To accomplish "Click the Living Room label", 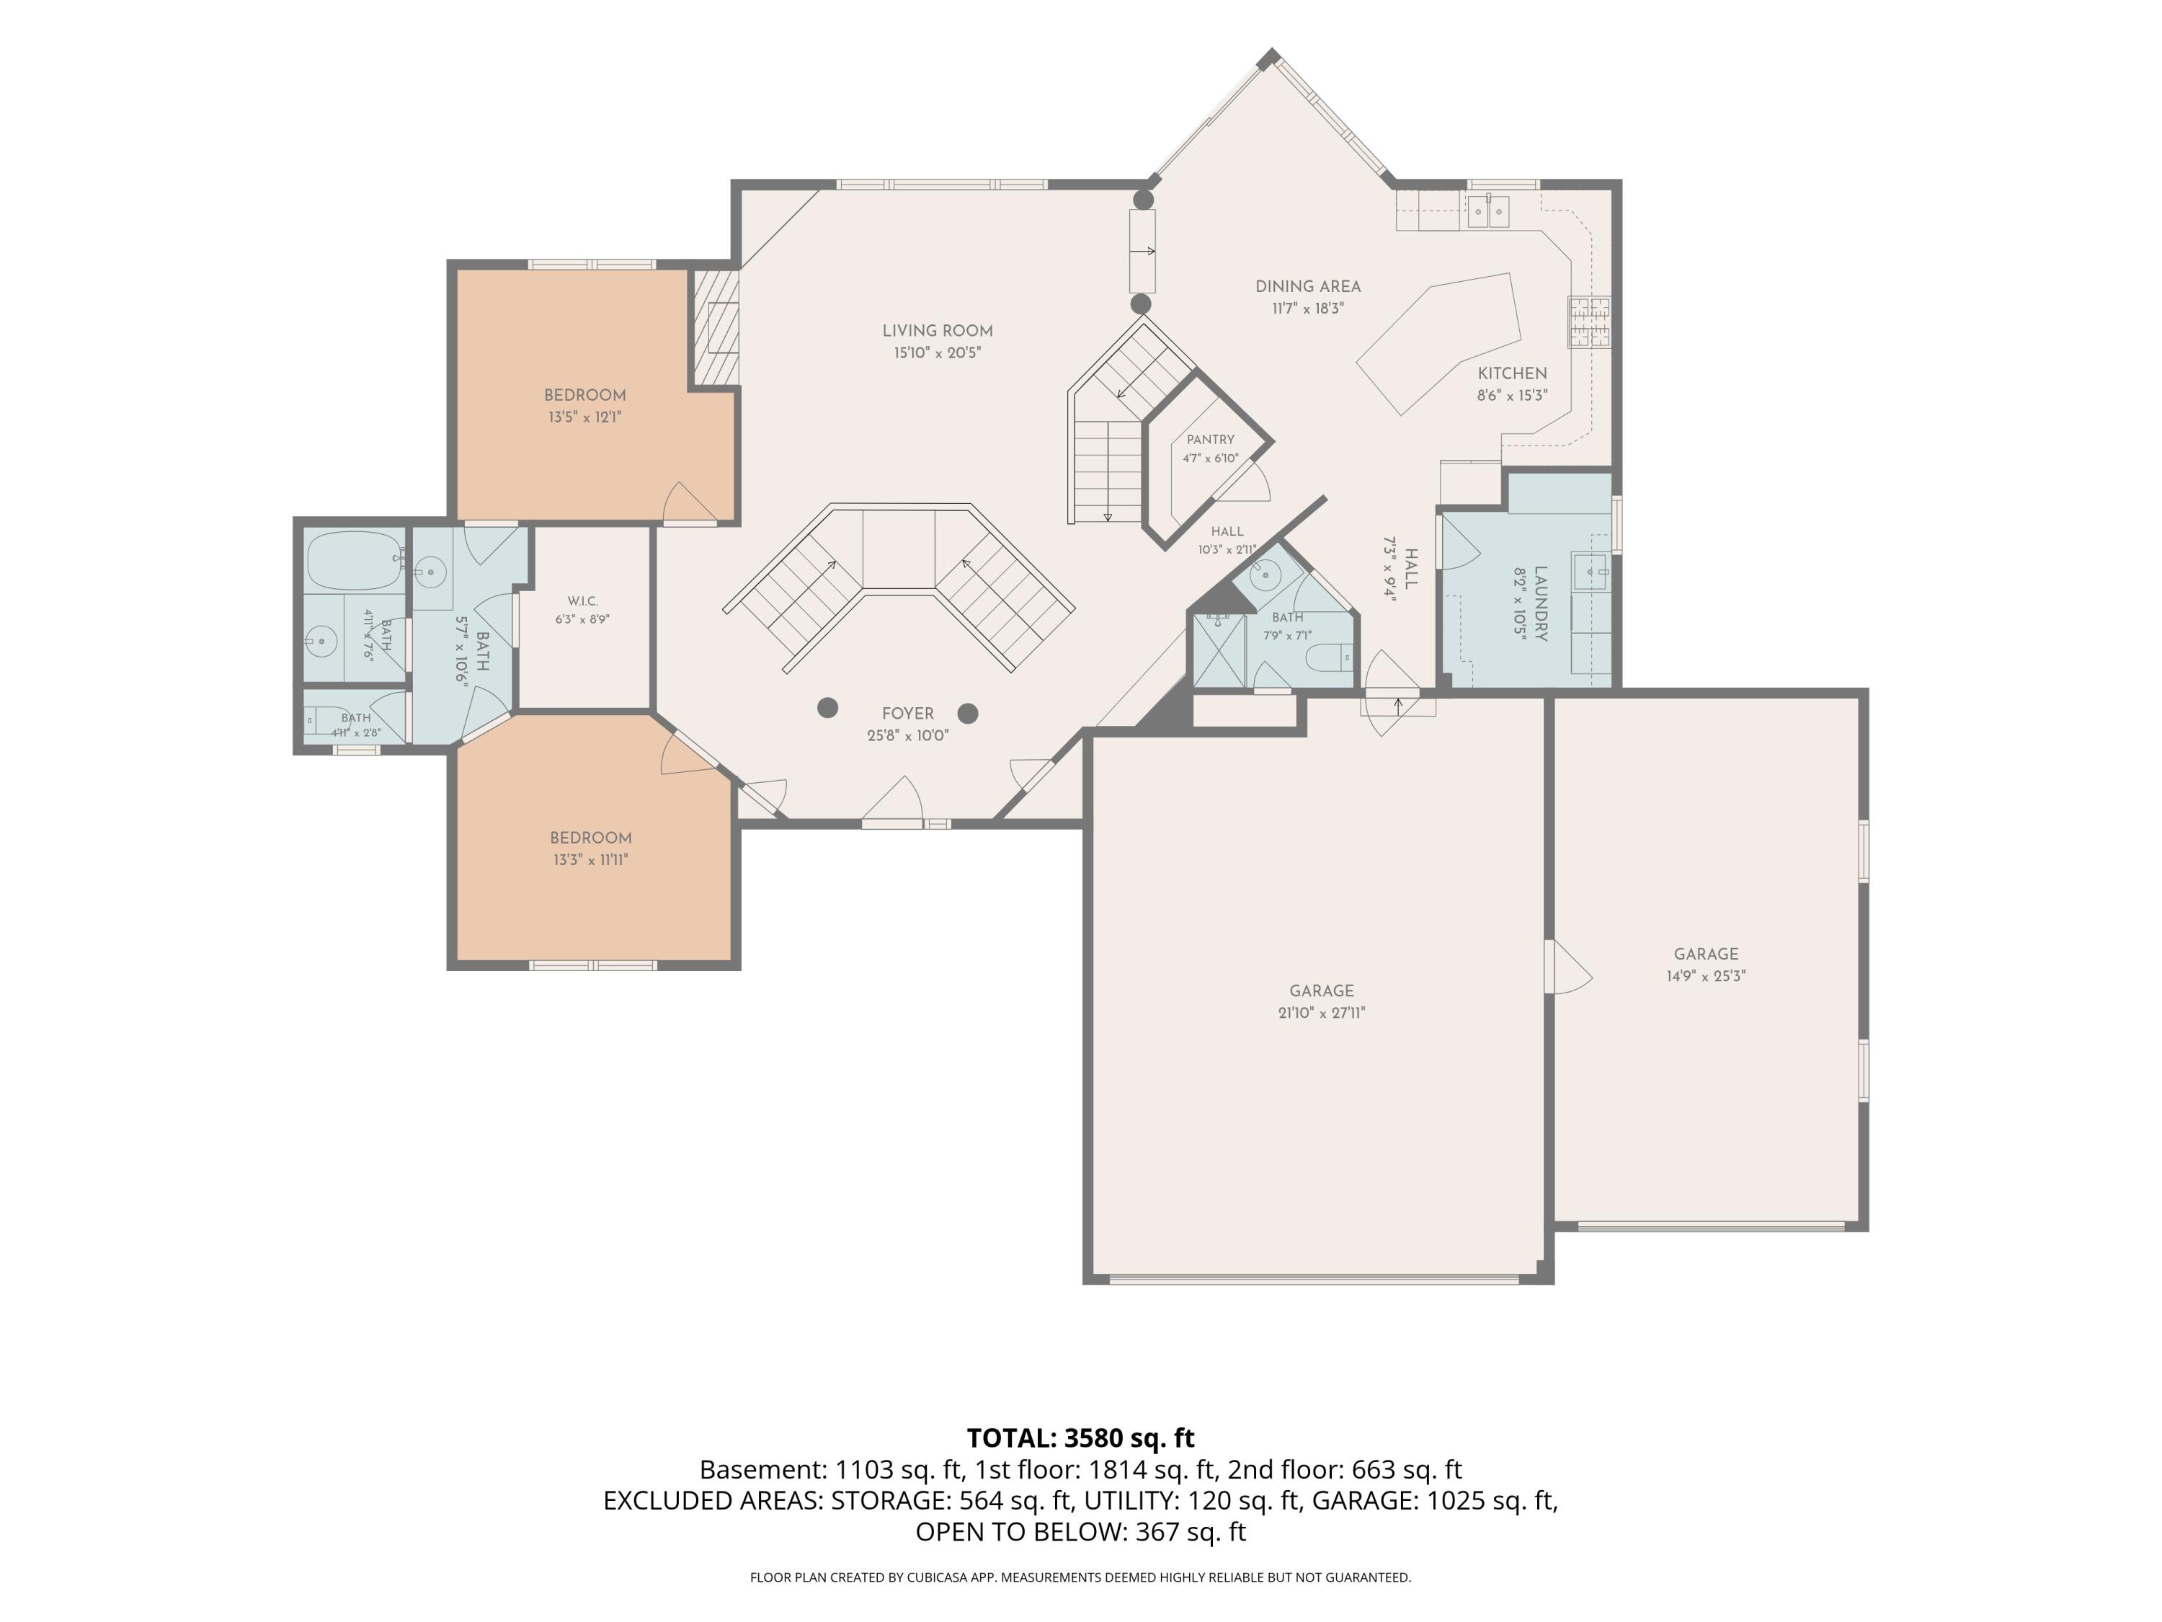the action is coord(938,330).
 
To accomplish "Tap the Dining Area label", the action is coord(1308,286).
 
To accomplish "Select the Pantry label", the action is coord(1210,440).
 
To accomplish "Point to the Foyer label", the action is coord(907,714).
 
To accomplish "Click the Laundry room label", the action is coord(1540,603).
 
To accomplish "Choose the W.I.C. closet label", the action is coord(582,601).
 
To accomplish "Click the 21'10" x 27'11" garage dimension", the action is coord(1322,1013).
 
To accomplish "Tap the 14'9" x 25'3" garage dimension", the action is coord(1706,976).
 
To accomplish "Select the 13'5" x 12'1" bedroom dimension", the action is coord(584,417).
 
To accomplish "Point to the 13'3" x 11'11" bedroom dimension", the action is coord(590,860).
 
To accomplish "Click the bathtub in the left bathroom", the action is coord(355,560).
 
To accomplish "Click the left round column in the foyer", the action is coord(828,708).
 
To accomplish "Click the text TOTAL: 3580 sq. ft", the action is coord(1080,1438).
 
